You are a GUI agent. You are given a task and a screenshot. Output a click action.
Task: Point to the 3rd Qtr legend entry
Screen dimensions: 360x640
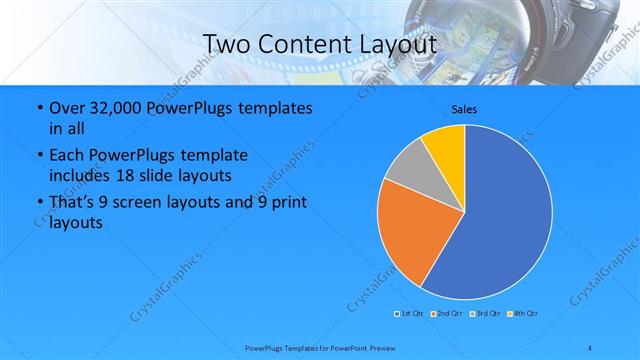pos(486,314)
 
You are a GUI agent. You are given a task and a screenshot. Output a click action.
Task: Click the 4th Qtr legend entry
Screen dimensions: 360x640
pos(525,314)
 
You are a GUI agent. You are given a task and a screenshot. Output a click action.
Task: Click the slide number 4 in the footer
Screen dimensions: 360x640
pos(590,347)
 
